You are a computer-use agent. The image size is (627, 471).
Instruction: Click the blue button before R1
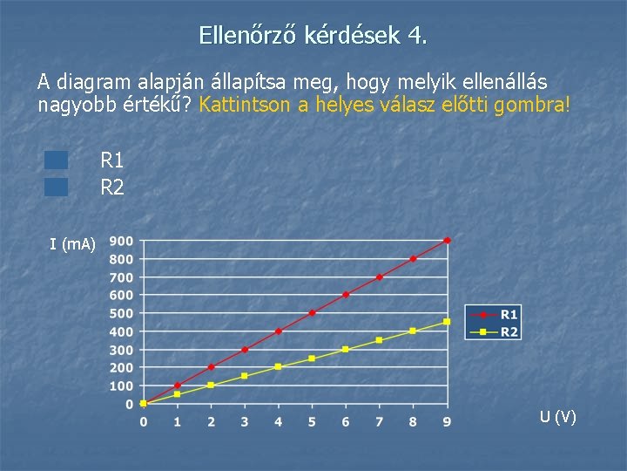pos(57,160)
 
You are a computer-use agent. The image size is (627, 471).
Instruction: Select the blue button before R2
pos(57,186)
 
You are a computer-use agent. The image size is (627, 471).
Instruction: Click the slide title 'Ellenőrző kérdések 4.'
pos(313,36)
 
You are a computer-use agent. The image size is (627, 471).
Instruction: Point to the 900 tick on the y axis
pos(121,241)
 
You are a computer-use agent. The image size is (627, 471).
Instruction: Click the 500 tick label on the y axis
pos(121,313)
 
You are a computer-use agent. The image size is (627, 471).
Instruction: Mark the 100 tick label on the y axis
pos(121,386)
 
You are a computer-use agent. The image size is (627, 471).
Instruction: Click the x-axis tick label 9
pos(447,422)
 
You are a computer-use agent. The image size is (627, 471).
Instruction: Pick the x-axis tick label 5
pos(312,422)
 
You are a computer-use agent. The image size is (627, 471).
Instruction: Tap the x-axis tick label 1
pos(177,422)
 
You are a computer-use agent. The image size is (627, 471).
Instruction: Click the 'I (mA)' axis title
pos(72,244)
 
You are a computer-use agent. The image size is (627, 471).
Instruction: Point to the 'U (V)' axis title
pos(557,417)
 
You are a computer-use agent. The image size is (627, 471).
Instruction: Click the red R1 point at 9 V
pos(447,240)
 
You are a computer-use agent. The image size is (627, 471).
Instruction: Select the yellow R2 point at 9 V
pos(447,322)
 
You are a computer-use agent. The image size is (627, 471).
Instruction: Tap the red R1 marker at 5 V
pos(312,312)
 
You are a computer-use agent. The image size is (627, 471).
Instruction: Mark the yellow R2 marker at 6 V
pos(346,349)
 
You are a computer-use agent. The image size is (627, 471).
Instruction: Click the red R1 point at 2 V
pos(211,367)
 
